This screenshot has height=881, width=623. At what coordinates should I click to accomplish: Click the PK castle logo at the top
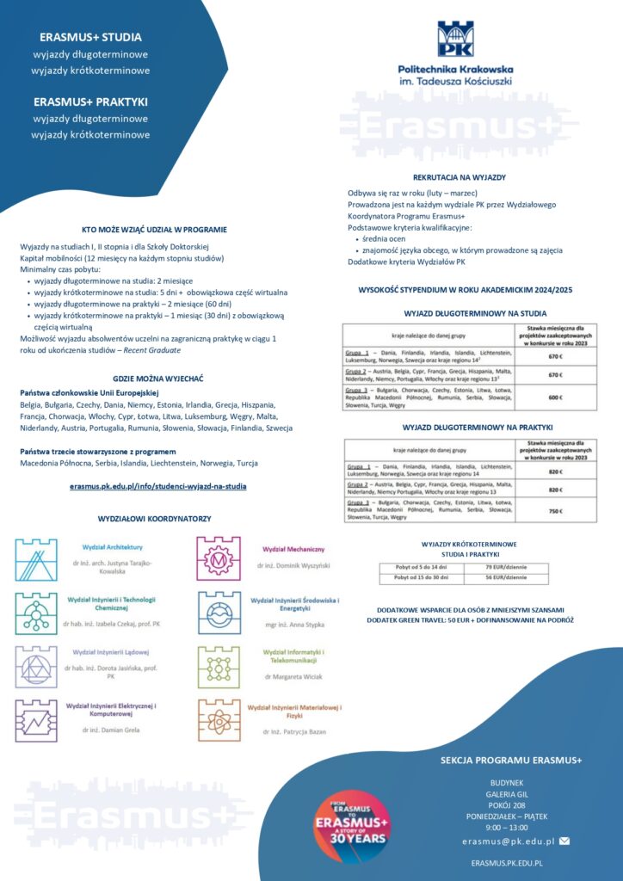[x=455, y=39]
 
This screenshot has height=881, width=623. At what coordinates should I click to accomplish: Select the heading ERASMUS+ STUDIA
[x=90, y=37]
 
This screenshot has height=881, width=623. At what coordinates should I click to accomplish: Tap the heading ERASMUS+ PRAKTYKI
[x=90, y=102]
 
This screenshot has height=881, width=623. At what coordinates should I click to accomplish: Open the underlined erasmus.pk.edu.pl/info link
[x=158, y=486]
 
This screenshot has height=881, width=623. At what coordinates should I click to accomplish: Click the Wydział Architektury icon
[x=36, y=560]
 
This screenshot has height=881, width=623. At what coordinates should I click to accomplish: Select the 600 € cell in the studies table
[x=555, y=397]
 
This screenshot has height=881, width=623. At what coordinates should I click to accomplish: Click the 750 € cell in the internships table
[x=555, y=510]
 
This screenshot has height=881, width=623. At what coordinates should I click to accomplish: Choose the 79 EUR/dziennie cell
[x=506, y=568]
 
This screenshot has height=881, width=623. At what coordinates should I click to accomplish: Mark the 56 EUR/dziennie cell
[x=506, y=579]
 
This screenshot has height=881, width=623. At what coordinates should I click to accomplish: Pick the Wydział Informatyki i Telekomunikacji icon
[x=219, y=667]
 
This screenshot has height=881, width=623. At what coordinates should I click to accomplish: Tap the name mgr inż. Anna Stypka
[x=294, y=626]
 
